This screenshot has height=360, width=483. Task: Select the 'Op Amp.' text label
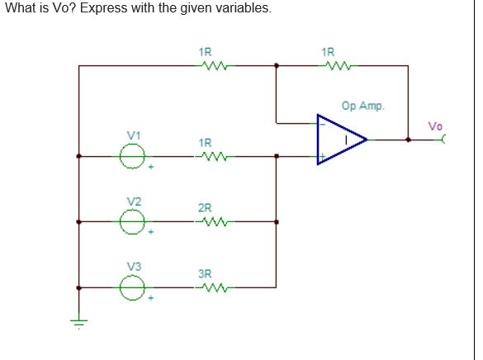click(362, 106)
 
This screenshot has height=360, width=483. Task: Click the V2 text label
click(134, 201)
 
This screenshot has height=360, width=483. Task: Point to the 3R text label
click(205, 272)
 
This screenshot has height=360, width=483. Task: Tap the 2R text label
click(205, 207)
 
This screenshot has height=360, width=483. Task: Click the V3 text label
click(134, 266)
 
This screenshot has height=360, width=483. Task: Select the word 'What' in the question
click(20, 8)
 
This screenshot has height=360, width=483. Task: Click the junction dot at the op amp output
click(408, 140)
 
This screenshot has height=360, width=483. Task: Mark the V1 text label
click(134, 135)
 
